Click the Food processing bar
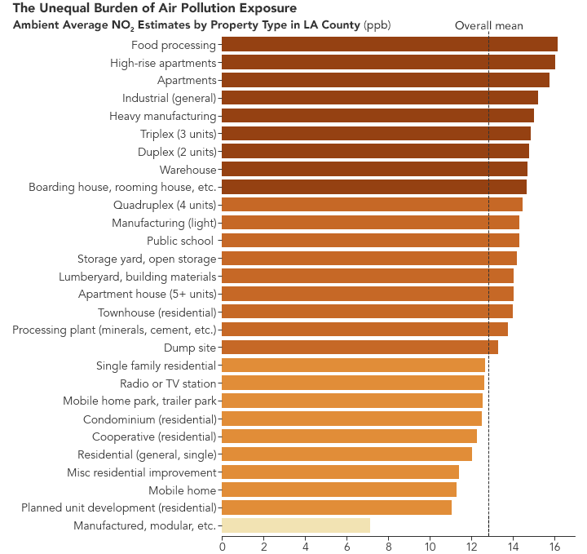[x=389, y=45]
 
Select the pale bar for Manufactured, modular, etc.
[x=295, y=525]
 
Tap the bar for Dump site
[x=360, y=348]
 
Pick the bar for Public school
[x=370, y=241]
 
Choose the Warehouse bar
[x=374, y=170]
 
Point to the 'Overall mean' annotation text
[x=488, y=26]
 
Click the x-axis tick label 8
[x=388, y=547]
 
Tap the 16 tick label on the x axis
[x=554, y=547]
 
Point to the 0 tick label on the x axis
[x=222, y=547]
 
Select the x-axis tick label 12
[x=471, y=547]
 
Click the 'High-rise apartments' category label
[x=162, y=63]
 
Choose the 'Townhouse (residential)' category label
[x=157, y=312]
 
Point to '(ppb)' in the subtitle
[x=377, y=25]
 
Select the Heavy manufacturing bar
[x=377, y=116]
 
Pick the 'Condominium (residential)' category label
[x=149, y=419]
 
